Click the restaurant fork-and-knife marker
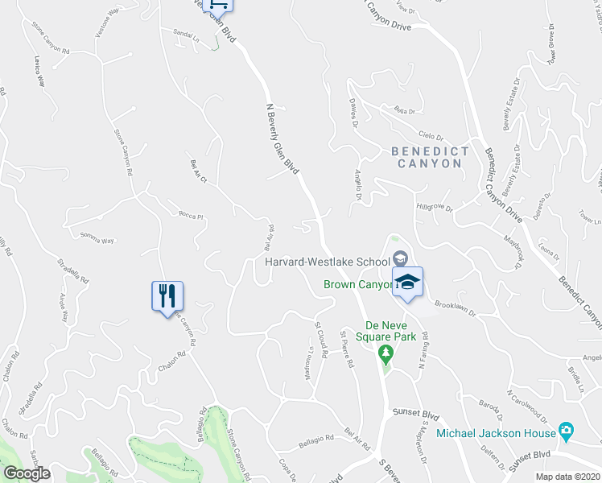pos(167,295)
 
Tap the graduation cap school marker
pos(407,282)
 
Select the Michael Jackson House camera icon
pos(567,432)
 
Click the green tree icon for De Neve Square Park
pos(386,353)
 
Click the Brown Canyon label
pos(357,284)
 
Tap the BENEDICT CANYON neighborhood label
pos(429,157)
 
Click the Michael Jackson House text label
pos(497,433)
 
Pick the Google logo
pos(27,473)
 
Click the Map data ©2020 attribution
pos(567,477)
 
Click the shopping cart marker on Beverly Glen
pos(218,5)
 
